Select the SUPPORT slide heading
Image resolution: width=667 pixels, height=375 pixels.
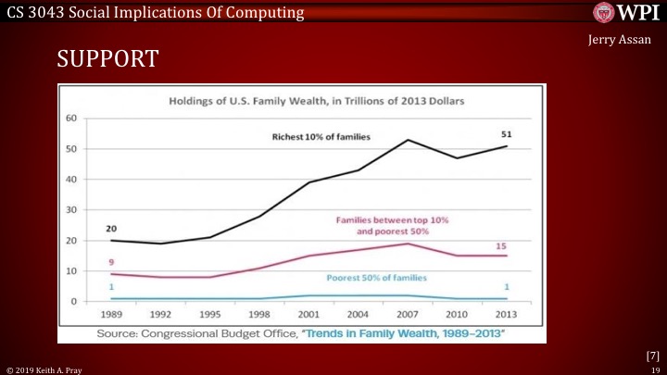tap(107, 60)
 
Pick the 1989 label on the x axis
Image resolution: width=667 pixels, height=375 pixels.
tap(111, 314)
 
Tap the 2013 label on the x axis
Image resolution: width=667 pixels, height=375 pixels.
tap(507, 314)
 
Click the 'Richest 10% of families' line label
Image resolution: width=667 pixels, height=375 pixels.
tap(321, 137)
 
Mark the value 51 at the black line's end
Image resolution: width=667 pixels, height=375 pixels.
tap(506, 134)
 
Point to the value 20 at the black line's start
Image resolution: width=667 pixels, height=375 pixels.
tap(111, 228)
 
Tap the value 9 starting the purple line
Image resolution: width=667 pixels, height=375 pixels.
tap(111, 262)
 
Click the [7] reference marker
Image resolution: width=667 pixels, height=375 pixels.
tap(652, 356)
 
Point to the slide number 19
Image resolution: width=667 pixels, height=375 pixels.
tap(654, 369)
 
